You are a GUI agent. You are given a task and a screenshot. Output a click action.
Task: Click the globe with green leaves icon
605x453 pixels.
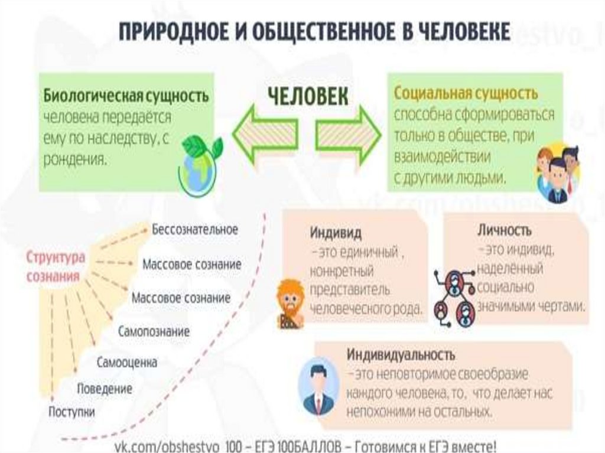(x=199, y=164)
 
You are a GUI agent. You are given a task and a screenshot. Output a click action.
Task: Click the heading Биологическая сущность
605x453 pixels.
(x=126, y=96)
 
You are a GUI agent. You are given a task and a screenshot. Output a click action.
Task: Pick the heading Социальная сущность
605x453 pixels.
(x=466, y=94)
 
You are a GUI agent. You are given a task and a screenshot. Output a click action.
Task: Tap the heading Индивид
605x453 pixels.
(x=336, y=233)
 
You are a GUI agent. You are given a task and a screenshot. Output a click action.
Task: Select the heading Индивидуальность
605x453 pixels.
(x=401, y=356)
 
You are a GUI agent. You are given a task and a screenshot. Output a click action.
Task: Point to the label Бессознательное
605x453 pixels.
(x=194, y=230)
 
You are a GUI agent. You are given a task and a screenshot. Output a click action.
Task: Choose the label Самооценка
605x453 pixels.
(x=127, y=362)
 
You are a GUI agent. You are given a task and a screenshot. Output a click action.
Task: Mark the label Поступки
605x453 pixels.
(x=71, y=412)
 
